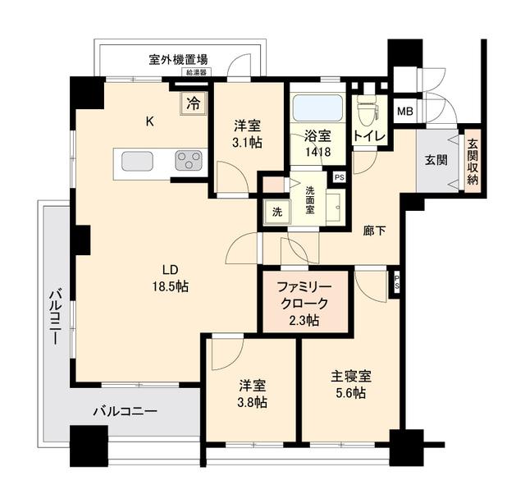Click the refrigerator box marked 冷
[x=194, y=104]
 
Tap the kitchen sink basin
[x=137, y=161]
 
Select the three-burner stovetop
[x=189, y=160]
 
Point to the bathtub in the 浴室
[x=317, y=107]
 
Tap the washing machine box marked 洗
[x=277, y=212]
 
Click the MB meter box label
[x=404, y=111]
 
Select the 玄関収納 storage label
[x=472, y=161]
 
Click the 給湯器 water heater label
[x=196, y=72]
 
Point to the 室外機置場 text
[x=178, y=60]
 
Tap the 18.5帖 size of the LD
[x=171, y=286]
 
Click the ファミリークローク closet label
[x=304, y=295]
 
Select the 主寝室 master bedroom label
[x=351, y=377]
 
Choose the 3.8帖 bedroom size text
[x=252, y=402]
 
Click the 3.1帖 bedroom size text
[x=248, y=143]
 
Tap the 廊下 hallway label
[x=375, y=231]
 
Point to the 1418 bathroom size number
[x=317, y=152]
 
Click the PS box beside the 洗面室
[x=340, y=177]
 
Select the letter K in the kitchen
[x=149, y=121]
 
